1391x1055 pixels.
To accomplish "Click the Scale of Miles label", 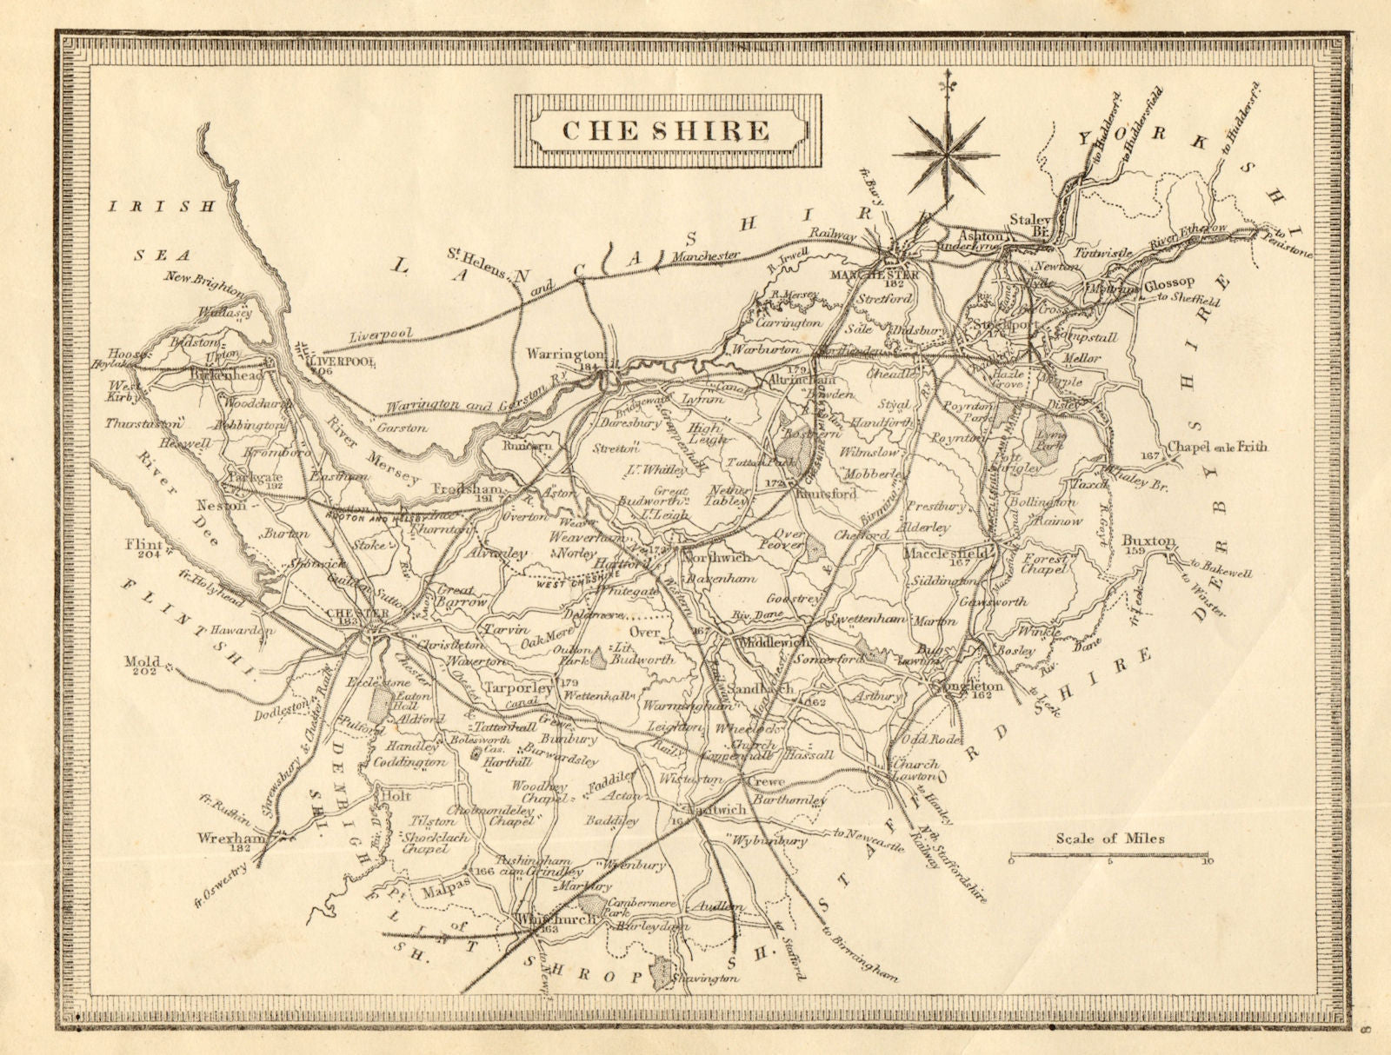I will (1110, 839).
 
